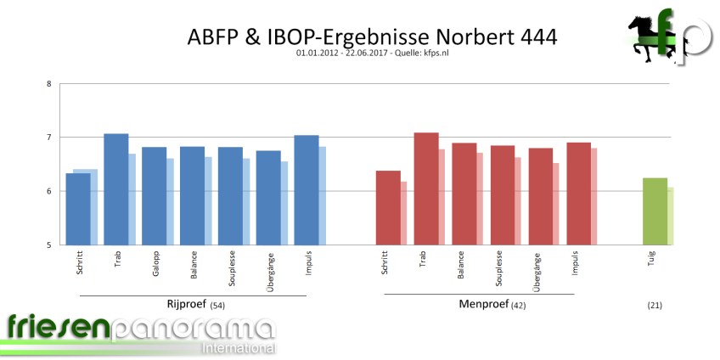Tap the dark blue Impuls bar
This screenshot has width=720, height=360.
(307, 190)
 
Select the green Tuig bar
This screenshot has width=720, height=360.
(655, 211)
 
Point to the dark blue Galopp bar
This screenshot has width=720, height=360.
(154, 196)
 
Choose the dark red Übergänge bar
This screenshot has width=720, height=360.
(541, 196)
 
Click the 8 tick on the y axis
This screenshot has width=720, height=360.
(48, 83)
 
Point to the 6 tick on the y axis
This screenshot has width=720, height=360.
(48, 192)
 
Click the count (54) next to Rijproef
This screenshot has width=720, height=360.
(218, 305)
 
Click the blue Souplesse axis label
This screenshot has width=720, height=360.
(231, 270)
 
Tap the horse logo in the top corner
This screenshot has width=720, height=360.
(644, 38)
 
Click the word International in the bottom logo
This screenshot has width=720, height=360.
(239, 347)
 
